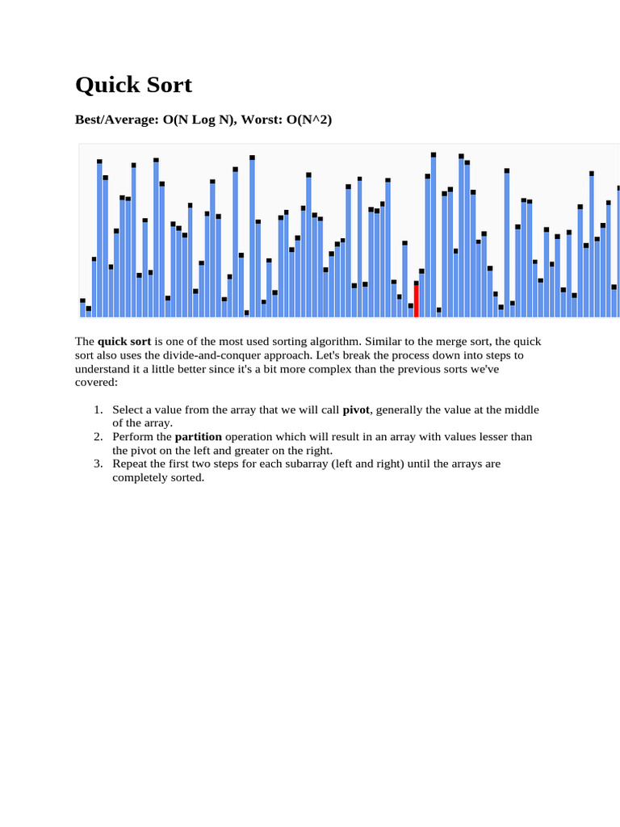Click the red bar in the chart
pyautogui.click(x=417, y=300)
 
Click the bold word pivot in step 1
pyautogui.click(x=356, y=409)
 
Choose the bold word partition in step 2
pyautogui.click(x=198, y=437)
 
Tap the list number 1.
pyautogui.click(x=97, y=409)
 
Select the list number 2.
pyautogui.click(x=97, y=437)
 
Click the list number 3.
pyautogui.click(x=97, y=464)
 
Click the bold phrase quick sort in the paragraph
pyautogui.click(x=124, y=341)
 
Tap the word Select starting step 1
pyautogui.click(x=128, y=409)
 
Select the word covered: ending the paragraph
pyautogui.click(x=96, y=382)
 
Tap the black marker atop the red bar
pyautogui.click(x=417, y=283)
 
